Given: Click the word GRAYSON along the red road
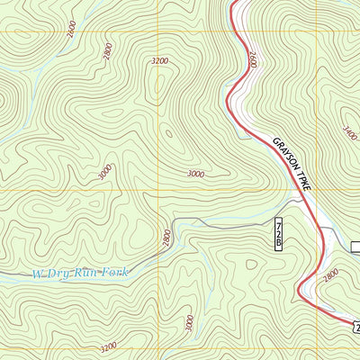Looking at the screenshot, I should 281,157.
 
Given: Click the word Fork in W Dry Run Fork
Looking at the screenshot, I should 115,272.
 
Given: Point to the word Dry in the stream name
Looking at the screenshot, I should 59,273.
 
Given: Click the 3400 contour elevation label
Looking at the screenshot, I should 349,136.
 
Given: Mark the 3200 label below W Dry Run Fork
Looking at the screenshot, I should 108,346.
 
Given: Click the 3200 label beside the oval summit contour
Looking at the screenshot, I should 160,61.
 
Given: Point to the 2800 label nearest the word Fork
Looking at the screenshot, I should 166,238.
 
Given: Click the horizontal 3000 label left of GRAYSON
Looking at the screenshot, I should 195,174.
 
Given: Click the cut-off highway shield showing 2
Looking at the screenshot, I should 355,325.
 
